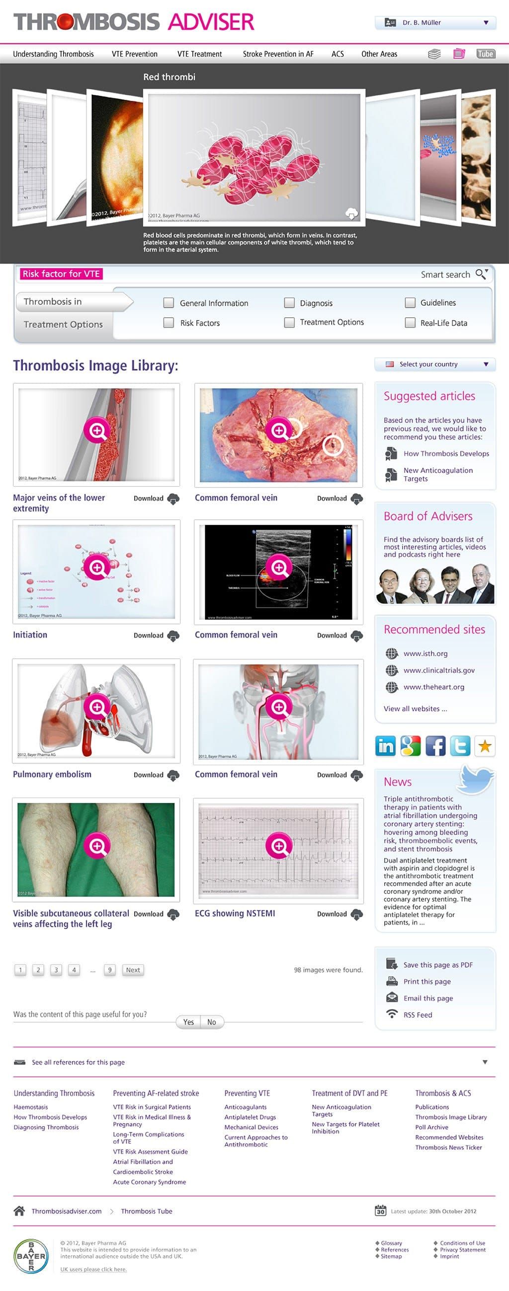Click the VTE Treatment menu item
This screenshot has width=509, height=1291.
pyautogui.click(x=199, y=54)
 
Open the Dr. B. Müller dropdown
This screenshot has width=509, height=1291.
pyautogui.click(x=435, y=22)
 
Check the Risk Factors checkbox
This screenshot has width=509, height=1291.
pyautogui.click(x=169, y=323)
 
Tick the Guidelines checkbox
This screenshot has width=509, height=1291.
pyautogui.click(x=410, y=303)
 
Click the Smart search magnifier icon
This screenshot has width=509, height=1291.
pyautogui.click(x=481, y=274)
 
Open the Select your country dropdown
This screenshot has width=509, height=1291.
pyautogui.click(x=435, y=364)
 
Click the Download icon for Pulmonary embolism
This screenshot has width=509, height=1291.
pyautogui.click(x=173, y=775)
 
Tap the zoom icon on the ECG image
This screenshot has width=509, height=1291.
pyautogui.click(x=278, y=846)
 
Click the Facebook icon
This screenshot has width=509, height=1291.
pyautogui.click(x=435, y=746)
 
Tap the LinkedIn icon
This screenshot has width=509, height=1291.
pyautogui.click(x=385, y=746)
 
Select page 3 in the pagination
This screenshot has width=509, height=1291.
pyautogui.click(x=56, y=970)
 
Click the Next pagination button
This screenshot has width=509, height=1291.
pyautogui.click(x=133, y=970)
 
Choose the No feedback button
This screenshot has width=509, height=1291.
pyautogui.click(x=212, y=1022)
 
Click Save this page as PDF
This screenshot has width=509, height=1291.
pyautogui.click(x=438, y=965)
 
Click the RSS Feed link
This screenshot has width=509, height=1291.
pyautogui.click(x=417, y=1015)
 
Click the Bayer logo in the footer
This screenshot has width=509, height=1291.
pyautogui.click(x=31, y=1256)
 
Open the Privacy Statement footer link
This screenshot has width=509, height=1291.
pyautogui.click(x=462, y=1249)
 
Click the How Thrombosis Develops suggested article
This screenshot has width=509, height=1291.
pyautogui.click(x=446, y=453)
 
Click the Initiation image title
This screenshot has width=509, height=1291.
pyautogui.click(x=30, y=635)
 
